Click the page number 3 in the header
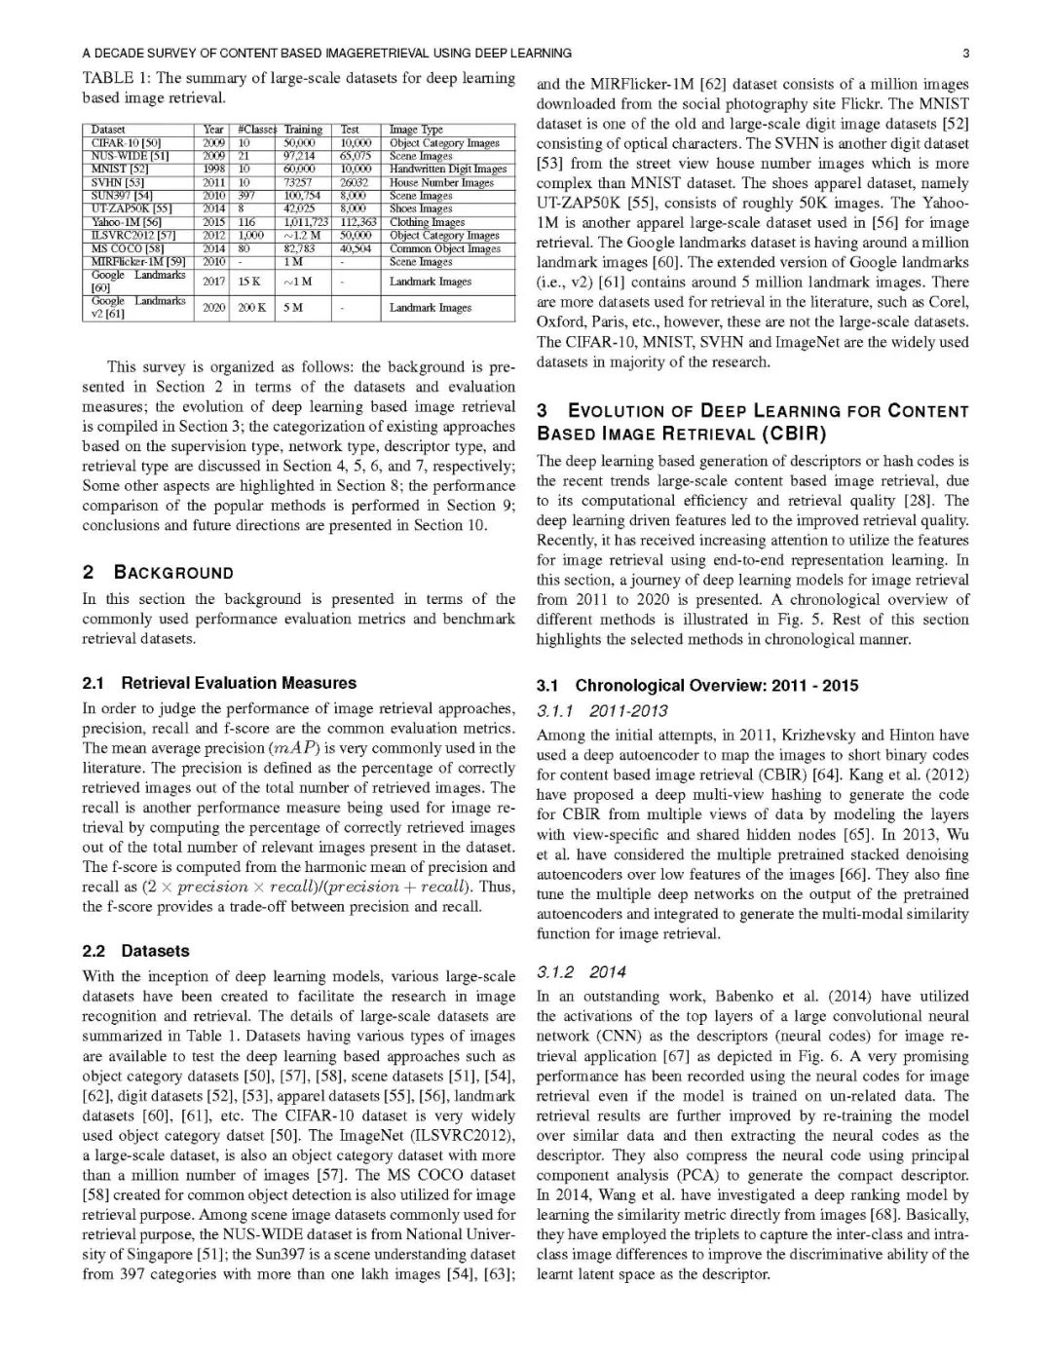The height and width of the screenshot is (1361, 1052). tap(964, 53)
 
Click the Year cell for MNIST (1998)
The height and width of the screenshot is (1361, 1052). tap(213, 169)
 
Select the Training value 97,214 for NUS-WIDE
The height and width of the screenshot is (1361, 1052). tap(299, 156)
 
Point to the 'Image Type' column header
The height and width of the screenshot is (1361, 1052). tap(416, 130)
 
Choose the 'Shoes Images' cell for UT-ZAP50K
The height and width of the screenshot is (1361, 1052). tap(421, 208)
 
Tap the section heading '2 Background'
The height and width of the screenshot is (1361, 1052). tap(159, 572)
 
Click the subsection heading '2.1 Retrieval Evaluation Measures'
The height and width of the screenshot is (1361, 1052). tap(219, 683)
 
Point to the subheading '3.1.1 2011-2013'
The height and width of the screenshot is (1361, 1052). tap(601, 711)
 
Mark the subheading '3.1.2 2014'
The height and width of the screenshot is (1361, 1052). tap(582, 971)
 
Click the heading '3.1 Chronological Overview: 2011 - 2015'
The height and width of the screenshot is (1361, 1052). tap(697, 685)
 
